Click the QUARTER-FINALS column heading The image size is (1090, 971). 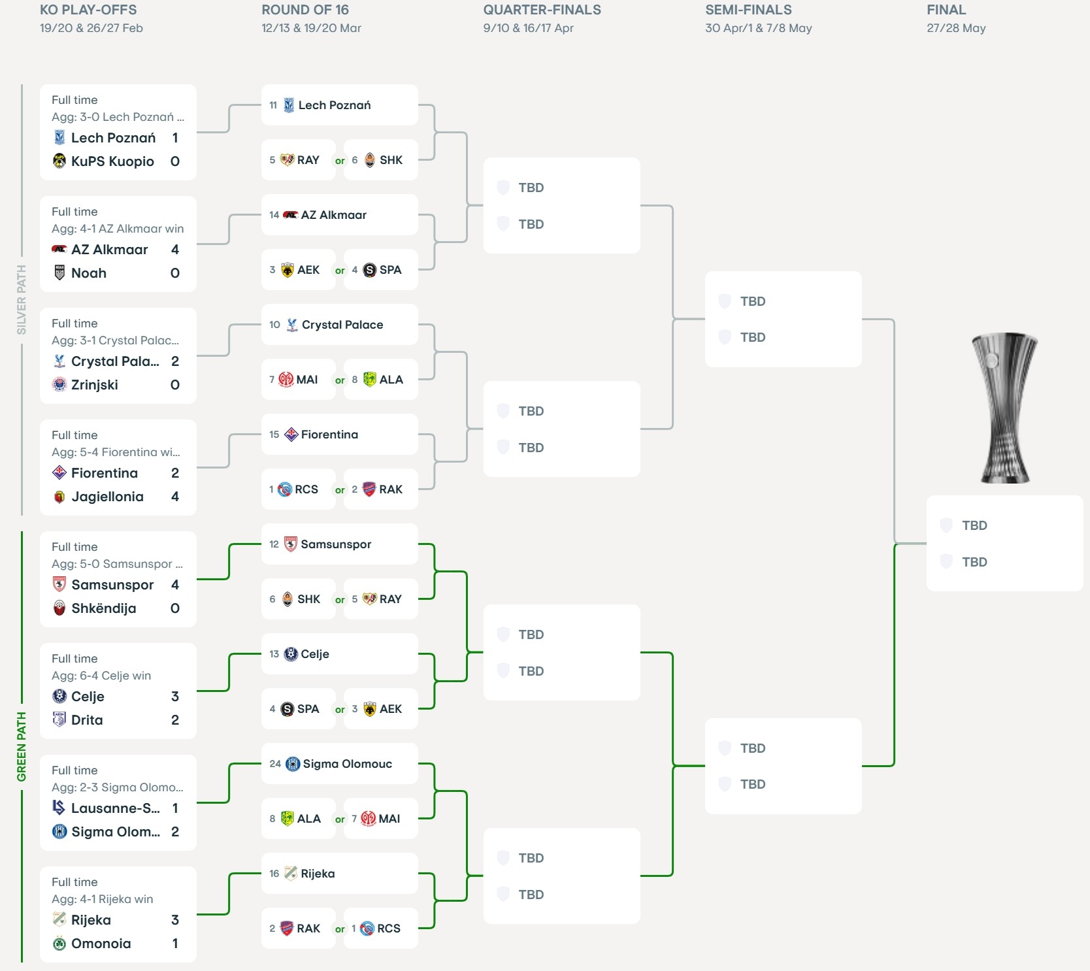[542, 10]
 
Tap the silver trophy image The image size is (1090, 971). [1004, 408]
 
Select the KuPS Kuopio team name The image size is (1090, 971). [112, 161]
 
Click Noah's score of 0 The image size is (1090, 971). [175, 273]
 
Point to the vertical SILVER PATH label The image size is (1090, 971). [22, 299]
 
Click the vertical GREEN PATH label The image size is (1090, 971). [22, 746]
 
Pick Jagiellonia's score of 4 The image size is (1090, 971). [175, 497]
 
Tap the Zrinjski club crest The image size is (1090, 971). [59, 385]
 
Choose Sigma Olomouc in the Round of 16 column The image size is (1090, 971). [347, 764]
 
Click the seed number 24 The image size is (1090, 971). [275, 764]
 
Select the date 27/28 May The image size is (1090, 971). [956, 28]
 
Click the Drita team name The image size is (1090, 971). [87, 720]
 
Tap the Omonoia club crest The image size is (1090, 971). [59, 944]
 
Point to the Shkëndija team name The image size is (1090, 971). [104, 608]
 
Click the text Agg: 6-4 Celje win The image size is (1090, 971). [101, 676]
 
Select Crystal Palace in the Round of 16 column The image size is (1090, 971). [342, 325]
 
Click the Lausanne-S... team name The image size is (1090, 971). [115, 808]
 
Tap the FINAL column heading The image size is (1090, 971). [946, 10]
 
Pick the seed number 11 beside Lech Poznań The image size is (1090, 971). [273, 105]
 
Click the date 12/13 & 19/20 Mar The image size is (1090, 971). [311, 28]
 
